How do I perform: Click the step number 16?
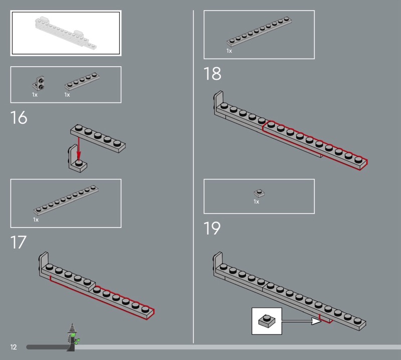19,117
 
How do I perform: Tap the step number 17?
18,242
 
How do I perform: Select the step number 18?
212,74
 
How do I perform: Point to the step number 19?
212,228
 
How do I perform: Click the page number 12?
14,347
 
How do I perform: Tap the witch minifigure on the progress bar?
73,337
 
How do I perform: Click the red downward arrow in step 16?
79,149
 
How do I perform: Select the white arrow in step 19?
301,321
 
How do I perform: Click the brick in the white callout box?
267,321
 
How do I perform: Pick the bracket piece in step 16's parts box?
39,83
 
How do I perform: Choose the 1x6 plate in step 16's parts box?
82,81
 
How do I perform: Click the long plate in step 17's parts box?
66,200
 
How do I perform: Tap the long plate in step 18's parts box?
259,32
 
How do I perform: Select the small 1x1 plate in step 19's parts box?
259,193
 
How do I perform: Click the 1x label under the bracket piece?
35,95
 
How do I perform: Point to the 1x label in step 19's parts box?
256,202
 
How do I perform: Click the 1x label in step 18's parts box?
229,51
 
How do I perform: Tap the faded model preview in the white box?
66,33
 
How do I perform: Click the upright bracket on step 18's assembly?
218,102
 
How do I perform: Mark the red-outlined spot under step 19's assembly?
325,319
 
